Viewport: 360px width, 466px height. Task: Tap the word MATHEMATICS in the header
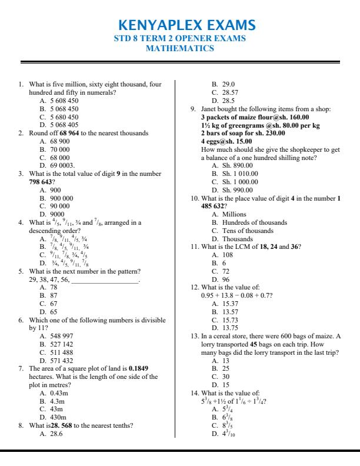(x=179, y=48)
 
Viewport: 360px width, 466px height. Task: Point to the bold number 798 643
(x=42, y=182)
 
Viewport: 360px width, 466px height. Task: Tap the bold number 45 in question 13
(x=240, y=344)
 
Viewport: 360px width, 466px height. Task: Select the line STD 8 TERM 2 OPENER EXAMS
(x=179, y=38)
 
